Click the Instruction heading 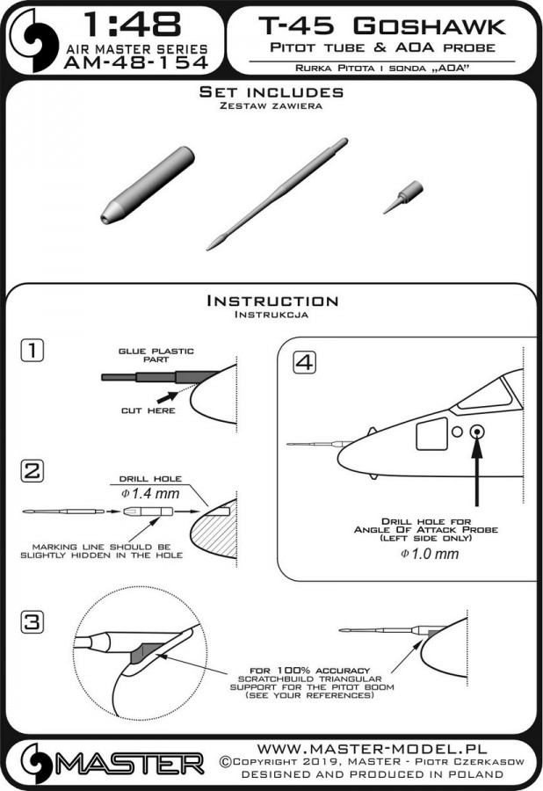271,301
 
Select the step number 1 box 32,352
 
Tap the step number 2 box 32,472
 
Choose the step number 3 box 32,623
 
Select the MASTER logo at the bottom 105,758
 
